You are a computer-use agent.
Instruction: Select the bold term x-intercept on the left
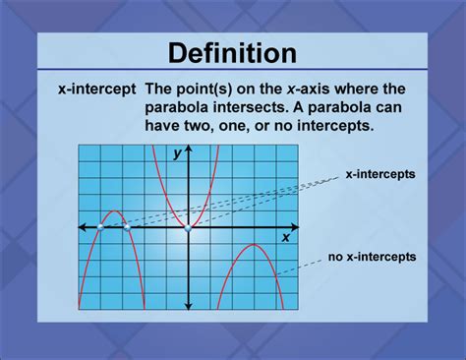95,88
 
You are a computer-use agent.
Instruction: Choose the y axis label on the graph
177,153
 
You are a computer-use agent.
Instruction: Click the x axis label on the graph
286,236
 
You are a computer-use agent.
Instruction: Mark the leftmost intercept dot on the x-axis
100,227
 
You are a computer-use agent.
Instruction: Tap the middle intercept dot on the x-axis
128,227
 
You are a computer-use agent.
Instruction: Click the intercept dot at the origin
187,227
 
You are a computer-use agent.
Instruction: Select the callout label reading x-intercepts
379,174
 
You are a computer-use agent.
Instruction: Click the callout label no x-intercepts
373,257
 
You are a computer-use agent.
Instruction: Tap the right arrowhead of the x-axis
296,227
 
